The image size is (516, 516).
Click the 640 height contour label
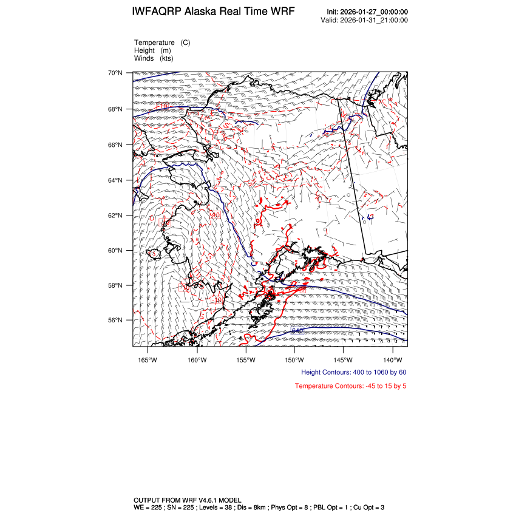pos(297,331)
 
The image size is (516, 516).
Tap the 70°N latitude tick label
pos(115,73)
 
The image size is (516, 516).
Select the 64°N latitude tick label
pos(115,180)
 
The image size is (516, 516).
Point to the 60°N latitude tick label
pos(115,250)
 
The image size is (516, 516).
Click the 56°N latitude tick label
pos(115,320)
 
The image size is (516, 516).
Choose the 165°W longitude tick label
pos(148,359)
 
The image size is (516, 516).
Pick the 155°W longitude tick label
pos(246,359)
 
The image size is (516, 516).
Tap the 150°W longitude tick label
pos(294,359)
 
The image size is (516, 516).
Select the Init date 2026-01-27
pos(363,12)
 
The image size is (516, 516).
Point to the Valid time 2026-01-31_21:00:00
pos(373,20)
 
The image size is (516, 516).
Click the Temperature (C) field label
pos(162,42)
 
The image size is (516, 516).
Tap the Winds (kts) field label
pos(155,58)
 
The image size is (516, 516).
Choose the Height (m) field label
pos(152,50)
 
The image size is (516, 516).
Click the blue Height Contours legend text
pos(353,372)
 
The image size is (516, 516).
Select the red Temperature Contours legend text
pos(350,385)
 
